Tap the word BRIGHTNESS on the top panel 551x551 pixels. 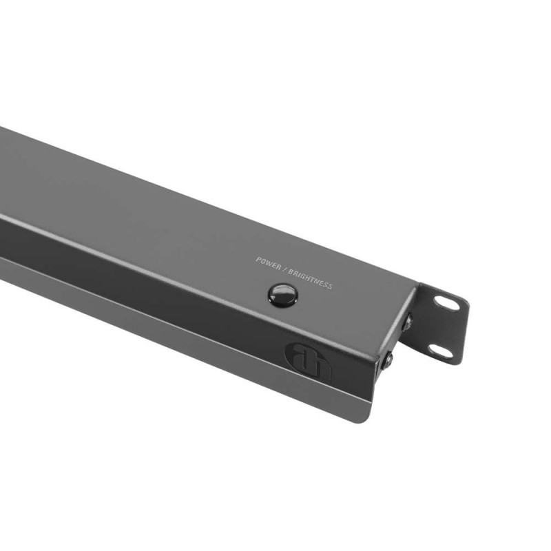tap(309, 278)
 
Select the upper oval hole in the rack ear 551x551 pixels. tap(446, 302)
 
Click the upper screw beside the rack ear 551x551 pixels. tap(408, 320)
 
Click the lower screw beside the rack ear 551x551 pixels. tap(390, 359)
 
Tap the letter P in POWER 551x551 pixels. tap(258, 260)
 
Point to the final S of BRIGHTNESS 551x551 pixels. tap(330, 287)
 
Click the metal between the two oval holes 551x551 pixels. tap(444, 326)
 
